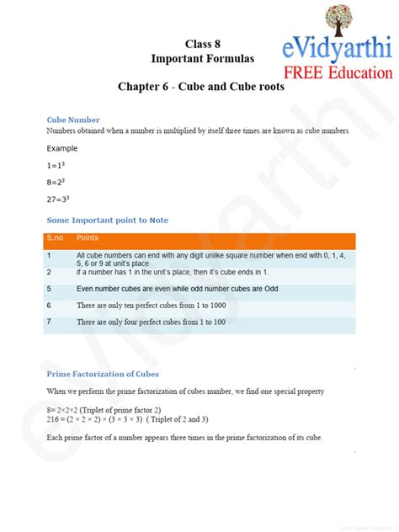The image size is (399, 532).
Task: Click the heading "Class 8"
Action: (x=202, y=43)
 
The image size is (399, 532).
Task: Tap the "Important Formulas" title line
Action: (x=202, y=58)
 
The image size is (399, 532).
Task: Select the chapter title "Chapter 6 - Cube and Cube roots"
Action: (x=201, y=86)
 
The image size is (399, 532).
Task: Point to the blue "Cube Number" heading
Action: (x=73, y=120)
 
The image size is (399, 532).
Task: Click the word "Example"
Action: (x=61, y=148)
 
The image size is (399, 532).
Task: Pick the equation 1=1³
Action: (x=57, y=166)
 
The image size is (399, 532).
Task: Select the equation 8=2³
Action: (x=57, y=182)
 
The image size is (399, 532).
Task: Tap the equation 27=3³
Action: (x=59, y=199)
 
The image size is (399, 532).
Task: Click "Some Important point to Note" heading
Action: (x=107, y=220)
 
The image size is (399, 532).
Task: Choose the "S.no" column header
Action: (x=56, y=238)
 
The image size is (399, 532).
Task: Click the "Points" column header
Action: (x=88, y=238)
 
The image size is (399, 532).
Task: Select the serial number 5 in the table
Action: (x=49, y=289)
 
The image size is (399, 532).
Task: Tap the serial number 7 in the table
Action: (x=49, y=322)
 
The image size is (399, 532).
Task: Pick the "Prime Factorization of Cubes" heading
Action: (x=103, y=374)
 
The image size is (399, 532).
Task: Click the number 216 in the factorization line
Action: (x=53, y=419)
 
